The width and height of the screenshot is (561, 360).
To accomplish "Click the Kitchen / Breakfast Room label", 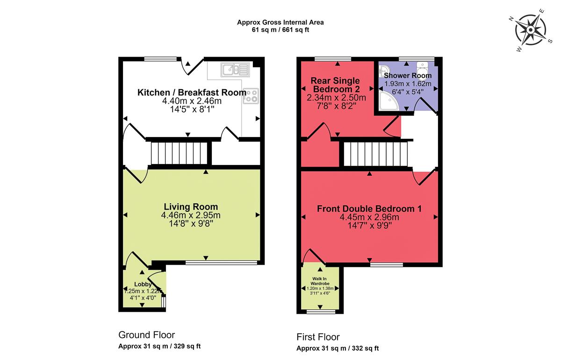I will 192,93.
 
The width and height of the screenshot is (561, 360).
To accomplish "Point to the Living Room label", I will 191,207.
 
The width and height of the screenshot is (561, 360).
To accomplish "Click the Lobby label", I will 143,284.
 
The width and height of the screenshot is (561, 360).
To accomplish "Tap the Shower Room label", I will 408,76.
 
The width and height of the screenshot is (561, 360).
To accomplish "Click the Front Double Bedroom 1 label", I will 369,209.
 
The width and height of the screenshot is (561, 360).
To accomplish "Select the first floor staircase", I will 376,154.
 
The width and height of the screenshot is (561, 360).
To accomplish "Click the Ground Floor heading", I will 146,335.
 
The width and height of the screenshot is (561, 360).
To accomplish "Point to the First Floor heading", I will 318,337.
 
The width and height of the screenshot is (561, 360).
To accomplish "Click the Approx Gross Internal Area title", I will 280,22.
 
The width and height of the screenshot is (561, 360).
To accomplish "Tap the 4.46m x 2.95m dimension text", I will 191,215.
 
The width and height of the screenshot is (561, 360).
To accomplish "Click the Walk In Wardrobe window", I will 320,310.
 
